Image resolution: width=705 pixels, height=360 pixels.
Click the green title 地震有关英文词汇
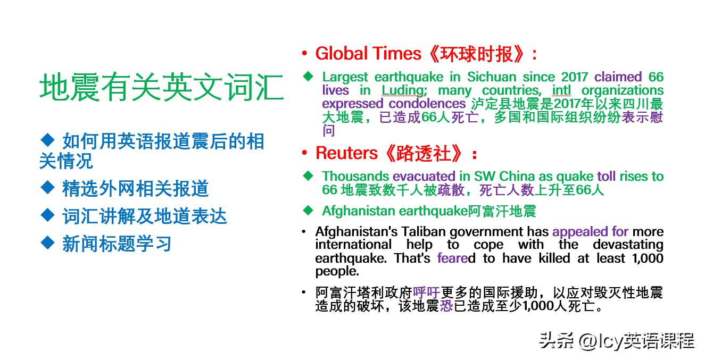tap(162, 88)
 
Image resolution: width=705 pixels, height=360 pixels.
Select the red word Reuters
tap(346, 153)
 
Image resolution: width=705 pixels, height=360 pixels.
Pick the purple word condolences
tap(427, 104)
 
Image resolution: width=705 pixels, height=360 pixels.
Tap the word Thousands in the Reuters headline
tap(355, 177)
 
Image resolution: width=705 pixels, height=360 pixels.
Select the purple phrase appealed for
tap(590, 232)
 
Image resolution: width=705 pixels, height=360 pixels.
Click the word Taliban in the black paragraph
tap(425, 232)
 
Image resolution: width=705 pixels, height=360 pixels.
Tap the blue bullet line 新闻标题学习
tap(117, 244)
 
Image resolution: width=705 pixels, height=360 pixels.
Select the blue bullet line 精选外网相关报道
tap(135, 189)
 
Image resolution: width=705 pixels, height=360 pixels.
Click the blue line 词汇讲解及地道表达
tap(144, 216)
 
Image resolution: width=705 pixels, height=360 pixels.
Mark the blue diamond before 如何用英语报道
tap(48, 140)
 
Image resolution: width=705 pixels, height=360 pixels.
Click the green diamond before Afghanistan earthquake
tap(308, 210)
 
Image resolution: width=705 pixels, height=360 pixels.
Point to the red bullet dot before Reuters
tap(304, 154)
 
